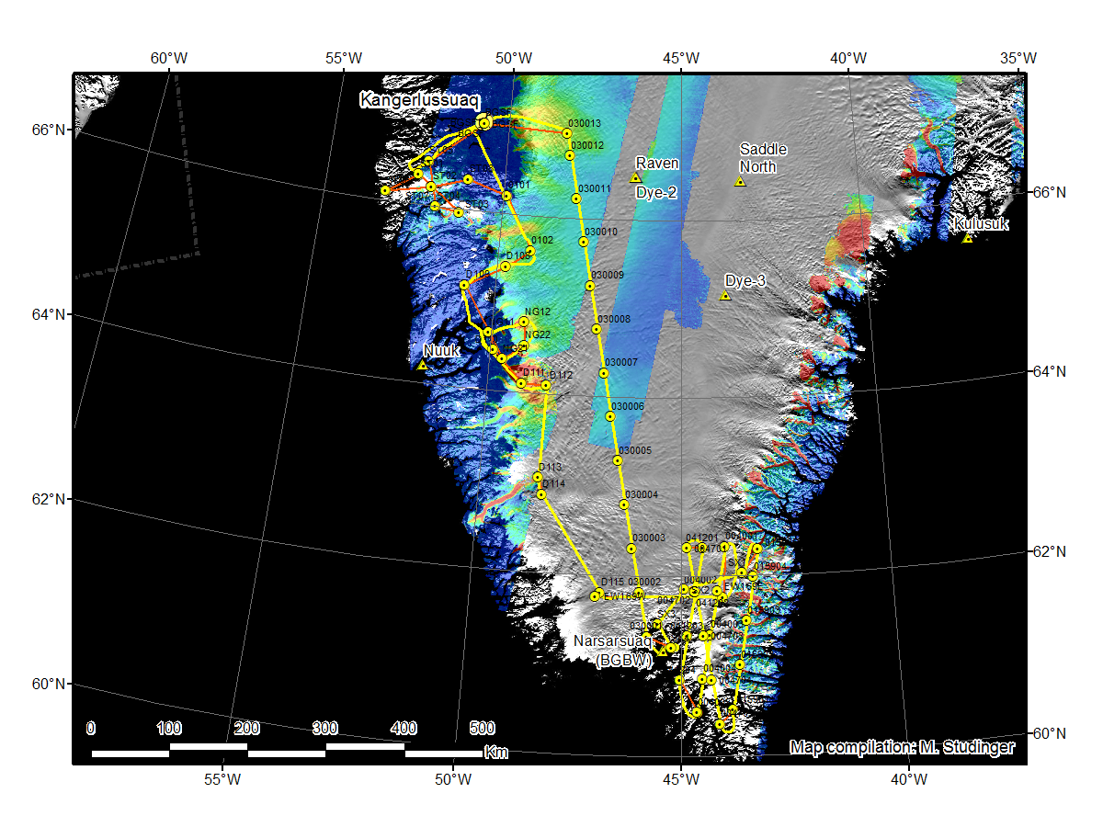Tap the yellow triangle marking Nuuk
[423, 365]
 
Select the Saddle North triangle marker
[740, 182]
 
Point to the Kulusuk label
[981, 223]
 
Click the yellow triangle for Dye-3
[725, 295]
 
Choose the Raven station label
[657, 164]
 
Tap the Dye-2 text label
[657, 193]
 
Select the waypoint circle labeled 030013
[567, 133]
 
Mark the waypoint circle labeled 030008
[597, 329]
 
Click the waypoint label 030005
[635, 450]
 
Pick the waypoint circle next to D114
[541, 494]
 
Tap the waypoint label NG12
[538, 312]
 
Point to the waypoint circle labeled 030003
[631, 549]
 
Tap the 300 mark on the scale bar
[325, 729]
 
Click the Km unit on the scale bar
[496, 753]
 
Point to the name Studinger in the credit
[982, 747]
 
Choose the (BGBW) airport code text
[624, 660]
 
